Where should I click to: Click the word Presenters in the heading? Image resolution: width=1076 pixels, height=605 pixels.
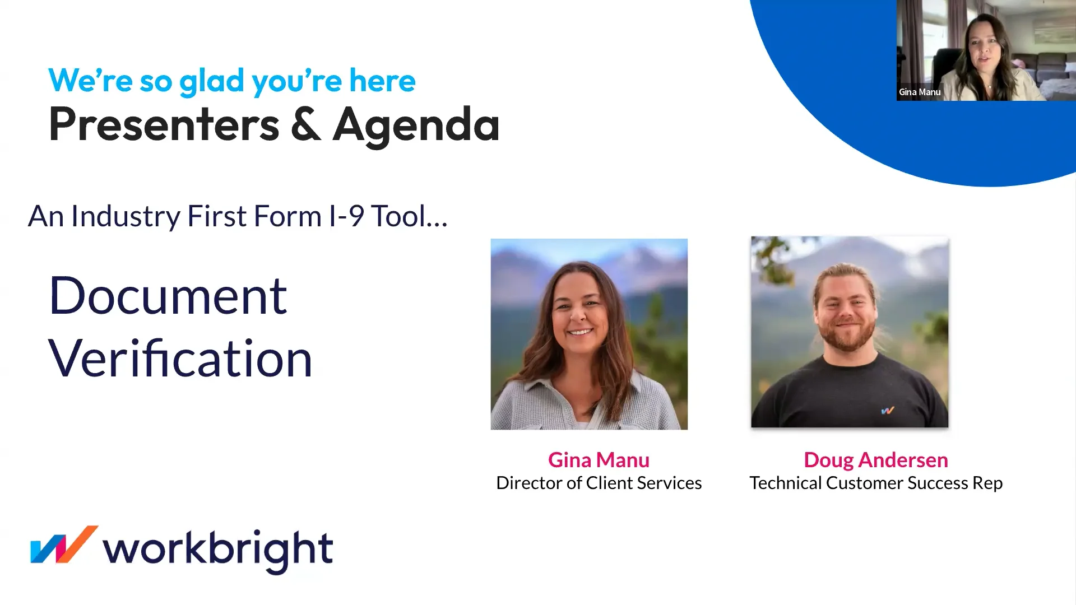tap(164, 124)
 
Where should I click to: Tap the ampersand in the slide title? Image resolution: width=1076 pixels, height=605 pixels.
tap(306, 124)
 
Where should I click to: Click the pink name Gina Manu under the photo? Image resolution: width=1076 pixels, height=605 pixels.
tap(599, 460)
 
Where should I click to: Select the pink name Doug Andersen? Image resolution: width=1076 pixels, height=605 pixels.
tap(876, 460)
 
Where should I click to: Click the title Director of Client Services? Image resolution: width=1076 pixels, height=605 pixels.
tap(599, 483)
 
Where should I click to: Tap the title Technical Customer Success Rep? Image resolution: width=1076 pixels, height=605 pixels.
tap(876, 483)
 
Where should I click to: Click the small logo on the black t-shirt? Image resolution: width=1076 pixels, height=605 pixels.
tap(888, 411)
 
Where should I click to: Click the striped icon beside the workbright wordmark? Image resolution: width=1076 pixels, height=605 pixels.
tap(64, 544)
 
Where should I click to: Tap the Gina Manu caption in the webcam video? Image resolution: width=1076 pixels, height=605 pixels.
tap(920, 92)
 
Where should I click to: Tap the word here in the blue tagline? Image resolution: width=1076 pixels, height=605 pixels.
tap(383, 81)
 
